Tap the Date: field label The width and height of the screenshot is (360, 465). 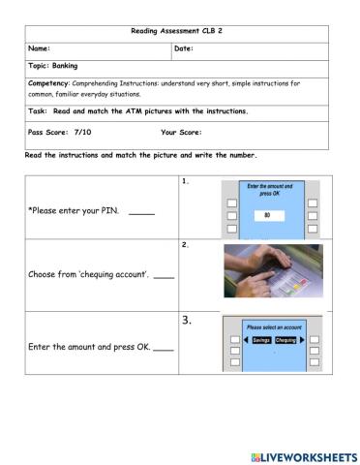[184, 48]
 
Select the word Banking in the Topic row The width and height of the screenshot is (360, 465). [65, 67]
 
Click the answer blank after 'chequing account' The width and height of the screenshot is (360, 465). [164, 275]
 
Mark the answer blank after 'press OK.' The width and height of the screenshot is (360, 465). [164, 347]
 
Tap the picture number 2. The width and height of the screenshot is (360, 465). [185, 245]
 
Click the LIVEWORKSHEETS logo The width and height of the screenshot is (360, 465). [303, 455]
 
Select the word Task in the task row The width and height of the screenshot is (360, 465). [38, 111]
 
